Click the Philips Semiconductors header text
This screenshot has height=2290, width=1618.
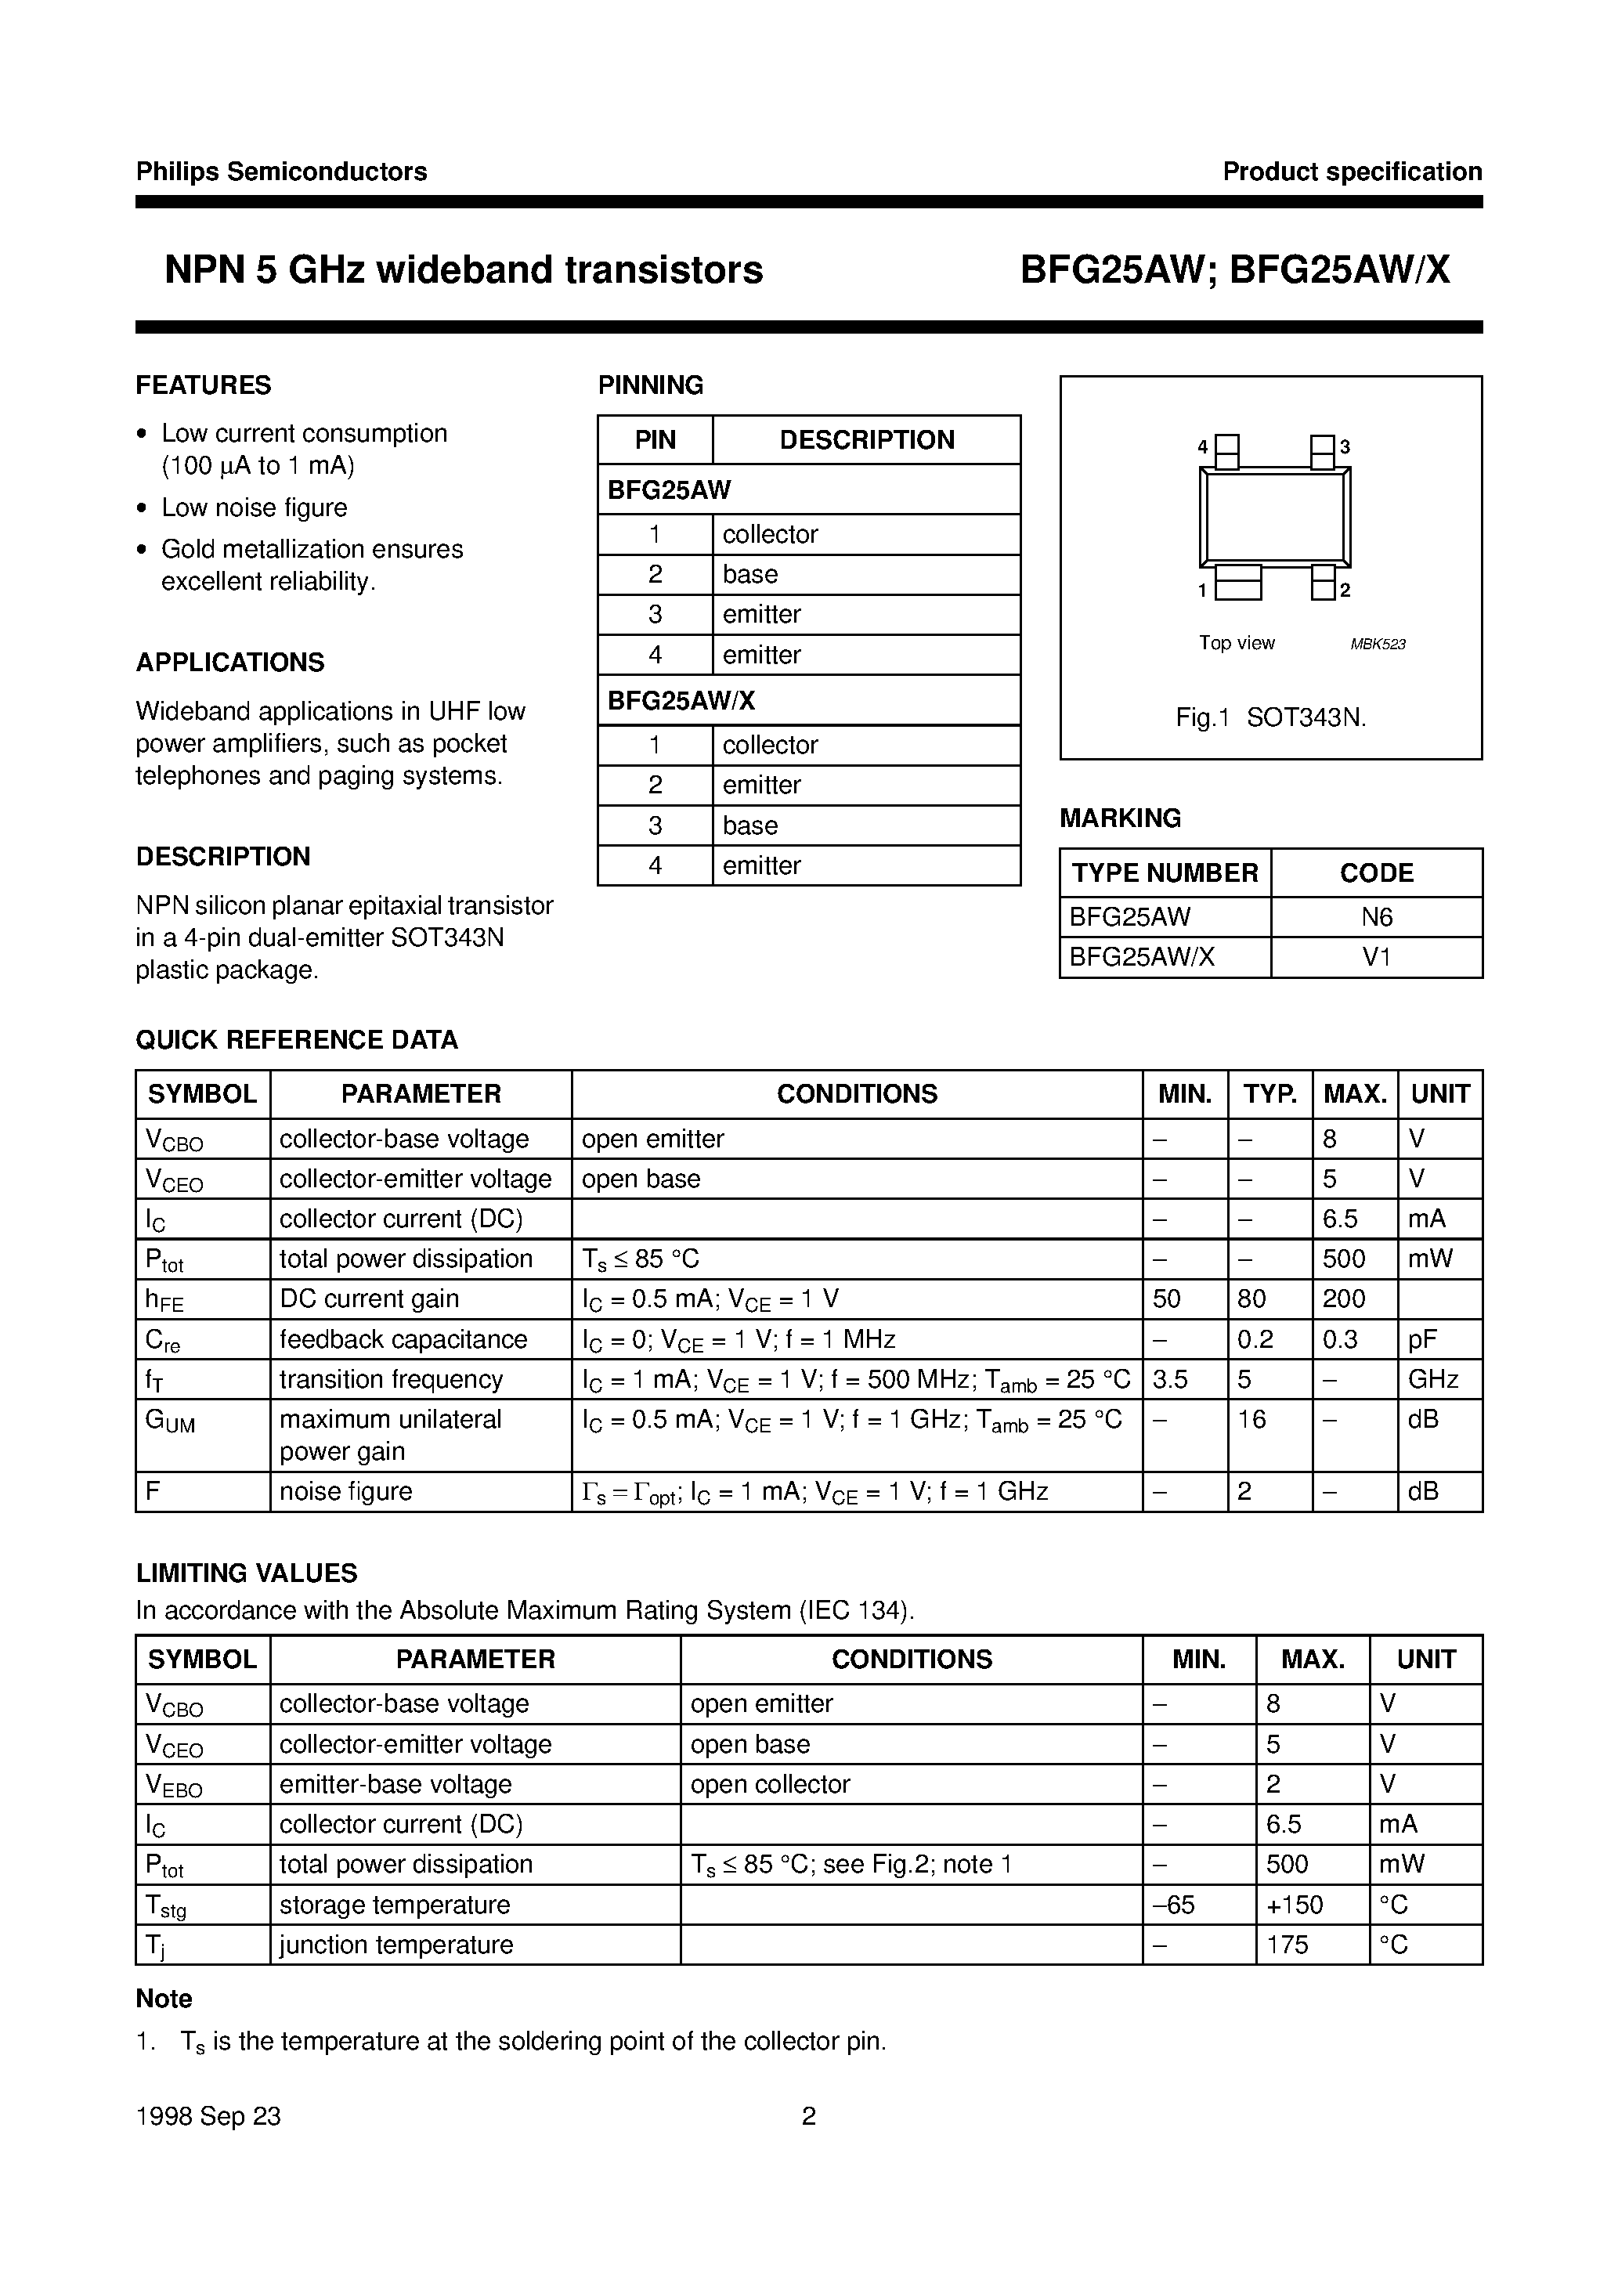pyautogui.click(x=280, y=172)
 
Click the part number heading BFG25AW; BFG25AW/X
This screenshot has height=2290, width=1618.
pyautogui.click(x=1234, y=270)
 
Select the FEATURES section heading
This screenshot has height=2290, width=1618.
pyautogui.click(x=203, y=385)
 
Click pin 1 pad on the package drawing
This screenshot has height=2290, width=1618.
pyautogui.click(x=1238, y=584)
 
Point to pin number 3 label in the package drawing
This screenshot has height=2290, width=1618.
pyautogui.click(x=1345, y=447)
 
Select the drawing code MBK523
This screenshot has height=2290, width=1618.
pyautogui.click(x=1377, y=645)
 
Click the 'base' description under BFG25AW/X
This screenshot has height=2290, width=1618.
pyautogui.click(x=750, y=825)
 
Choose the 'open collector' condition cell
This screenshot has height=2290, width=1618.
pyautogui.click(x=770, y=1784)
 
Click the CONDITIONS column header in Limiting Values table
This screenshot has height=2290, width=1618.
pyautogui.click(x=911, y=1659)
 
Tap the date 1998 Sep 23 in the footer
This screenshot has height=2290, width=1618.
pyautogui.click(x=208, y=2116)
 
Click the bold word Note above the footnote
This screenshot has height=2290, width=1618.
pyautogui.click(x=164, y=1999)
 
